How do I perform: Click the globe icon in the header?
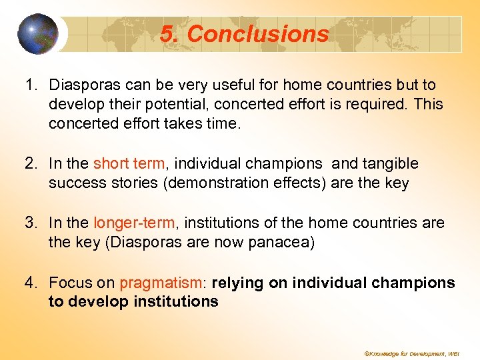pyautogui.click(x=38, y=33)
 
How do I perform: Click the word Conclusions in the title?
pyautogui.click(x=258, y=34)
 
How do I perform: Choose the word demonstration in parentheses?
pyautogui.click(x=217, y=183)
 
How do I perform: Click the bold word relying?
pyautogui.click(x=238, y=283)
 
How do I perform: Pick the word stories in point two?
pyautogui.click(x=130, y=183)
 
